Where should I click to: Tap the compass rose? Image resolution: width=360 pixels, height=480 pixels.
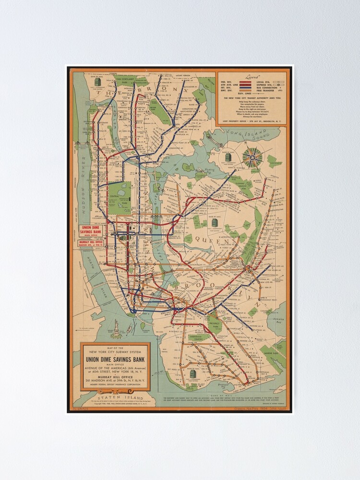[x=252, y=158]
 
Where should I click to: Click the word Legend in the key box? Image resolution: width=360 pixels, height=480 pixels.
[x=252, y=76]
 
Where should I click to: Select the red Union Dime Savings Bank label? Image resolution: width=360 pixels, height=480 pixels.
[x=93, y=230]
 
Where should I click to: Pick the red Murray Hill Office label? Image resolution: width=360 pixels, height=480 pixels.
[x=93, y=243]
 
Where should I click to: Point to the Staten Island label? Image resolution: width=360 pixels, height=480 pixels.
[x=111, y=397]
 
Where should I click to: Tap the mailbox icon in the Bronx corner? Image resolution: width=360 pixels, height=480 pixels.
[x=97, y=82]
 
